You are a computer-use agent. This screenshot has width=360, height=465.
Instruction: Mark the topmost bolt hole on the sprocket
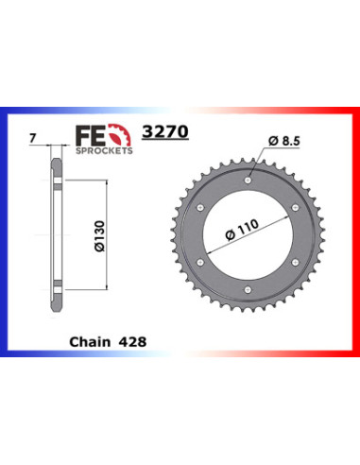(x=246, y=176)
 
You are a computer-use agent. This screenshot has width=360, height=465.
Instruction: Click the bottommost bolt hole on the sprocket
(x=246, y=291)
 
